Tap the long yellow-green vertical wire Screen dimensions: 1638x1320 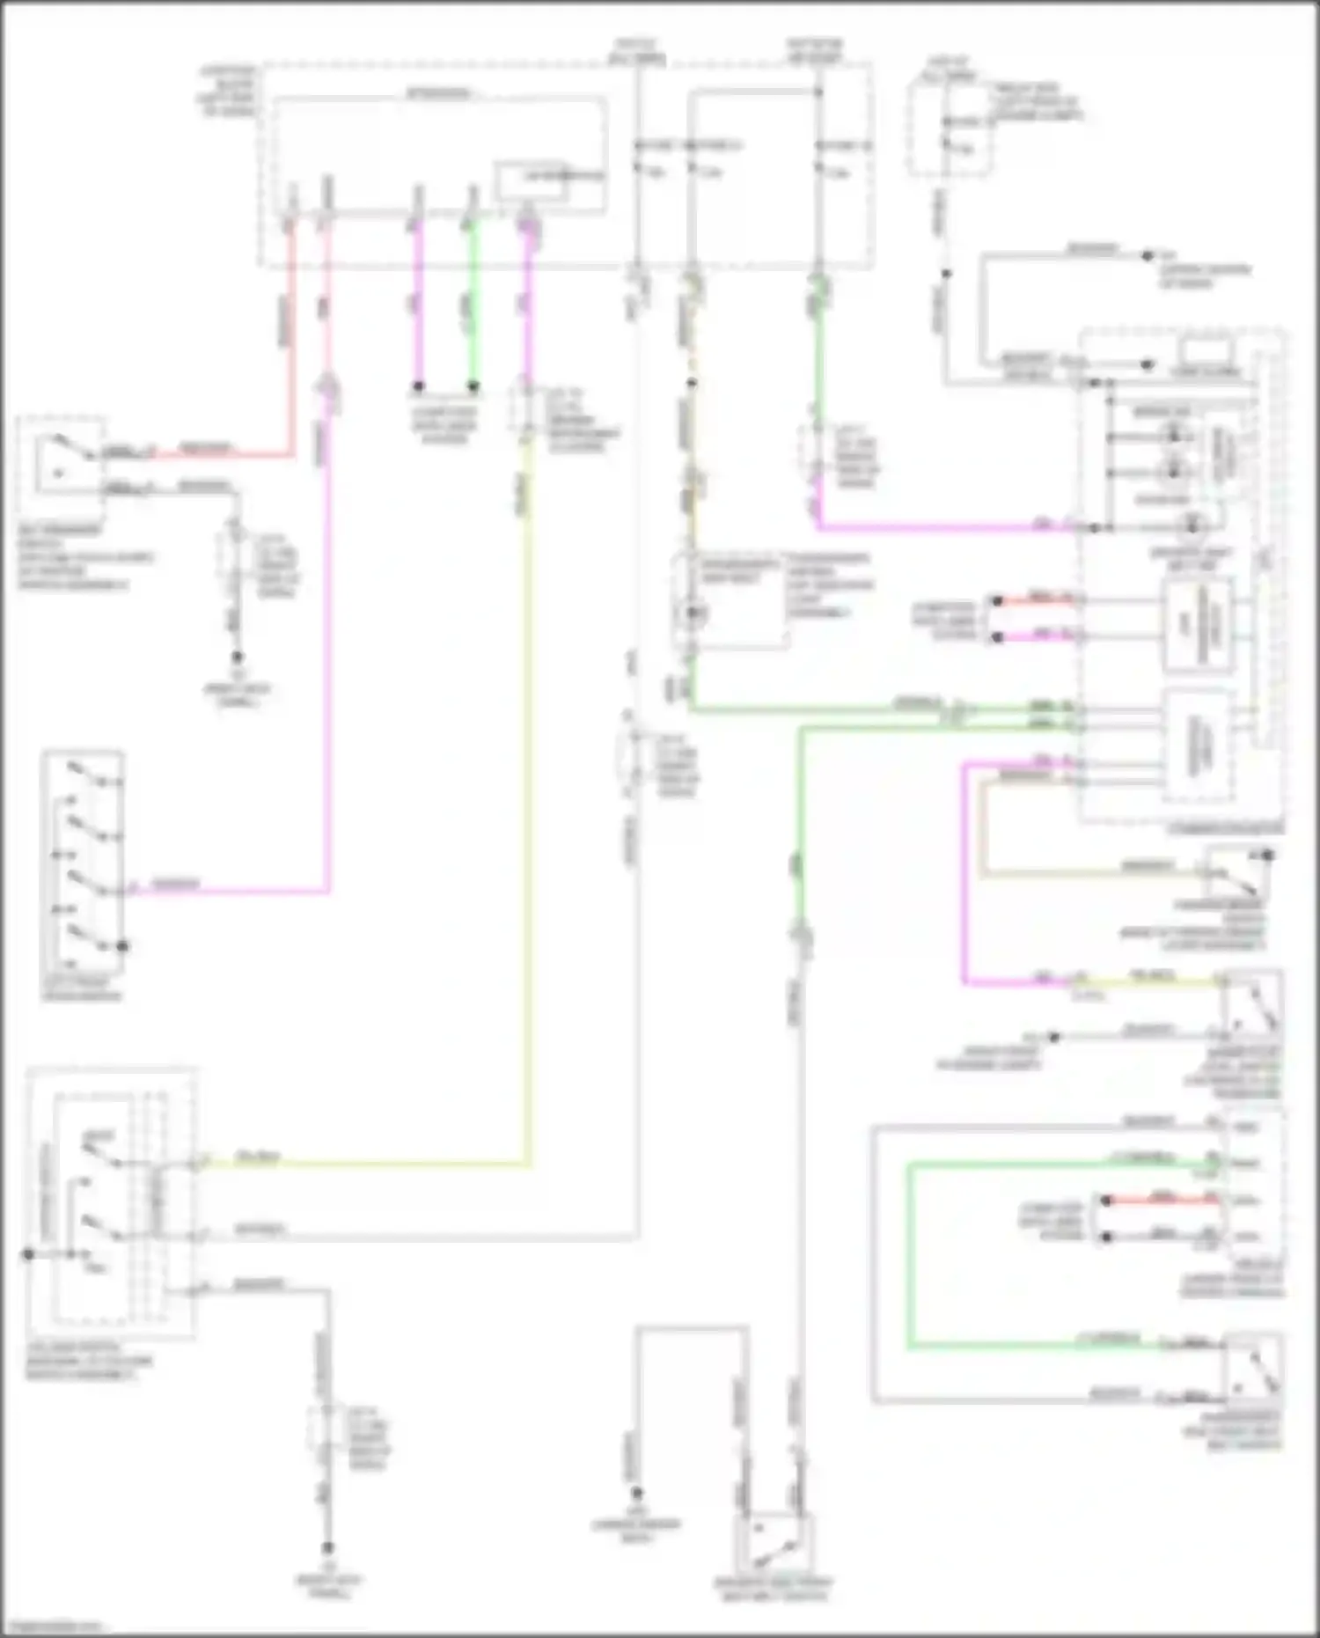(528, 792)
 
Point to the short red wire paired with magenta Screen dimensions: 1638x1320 (1038, 601)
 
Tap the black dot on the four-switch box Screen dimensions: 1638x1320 (123, 947)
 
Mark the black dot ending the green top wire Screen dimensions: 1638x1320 (473, 386)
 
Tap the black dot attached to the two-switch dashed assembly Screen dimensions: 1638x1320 (28, 1253)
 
